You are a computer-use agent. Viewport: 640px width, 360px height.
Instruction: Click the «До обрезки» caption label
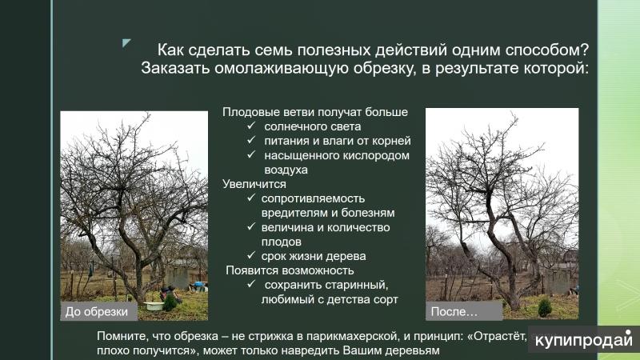[96, 311]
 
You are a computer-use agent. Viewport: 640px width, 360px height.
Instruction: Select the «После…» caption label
[454, 311]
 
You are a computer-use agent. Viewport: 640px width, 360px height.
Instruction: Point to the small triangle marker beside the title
[126, 42]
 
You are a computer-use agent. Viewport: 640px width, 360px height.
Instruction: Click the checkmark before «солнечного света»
[251, 126]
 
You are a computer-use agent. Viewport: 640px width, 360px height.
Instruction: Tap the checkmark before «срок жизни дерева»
[251, 256]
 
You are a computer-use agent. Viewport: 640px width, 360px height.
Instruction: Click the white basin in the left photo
[150, 304]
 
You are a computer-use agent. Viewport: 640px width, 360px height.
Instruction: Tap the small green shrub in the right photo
[544, 307]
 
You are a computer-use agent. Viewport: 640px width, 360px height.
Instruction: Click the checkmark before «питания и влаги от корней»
[251, 141]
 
